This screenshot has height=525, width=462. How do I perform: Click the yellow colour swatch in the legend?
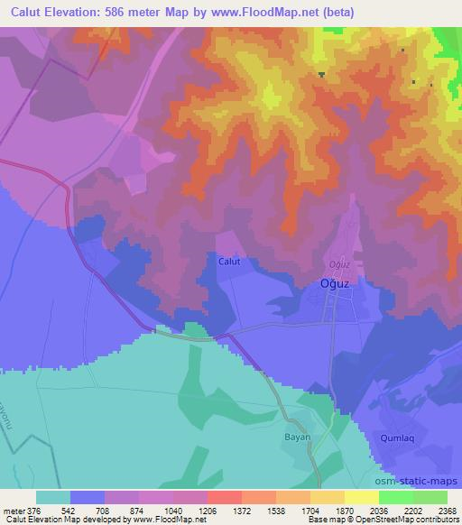pyautogui.click(x=361, y=497)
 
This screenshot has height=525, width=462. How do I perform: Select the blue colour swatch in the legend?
pyautogui.click(x=88, y=497)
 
